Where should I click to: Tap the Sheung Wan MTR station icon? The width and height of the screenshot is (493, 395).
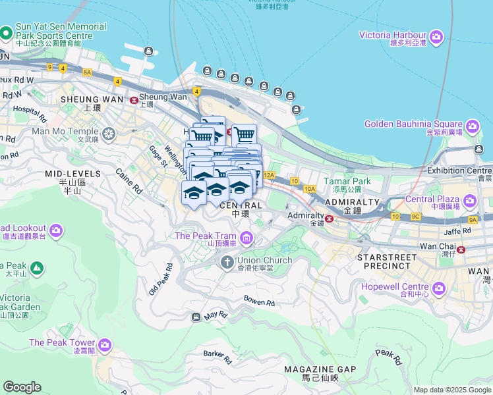[x=134, y=100]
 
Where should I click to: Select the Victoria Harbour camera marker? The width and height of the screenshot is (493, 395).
[x=436, y=37]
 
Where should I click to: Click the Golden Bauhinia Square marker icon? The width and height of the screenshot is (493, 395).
[x=472, y=126]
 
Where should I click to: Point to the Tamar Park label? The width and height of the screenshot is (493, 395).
[x=347, y=181]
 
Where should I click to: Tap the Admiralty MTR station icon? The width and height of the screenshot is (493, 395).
[x=329, y=219]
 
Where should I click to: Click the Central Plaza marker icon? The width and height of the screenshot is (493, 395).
[x=469, y=200]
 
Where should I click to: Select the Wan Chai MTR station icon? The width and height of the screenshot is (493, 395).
[x=461, y=250]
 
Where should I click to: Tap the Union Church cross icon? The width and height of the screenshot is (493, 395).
[x=227, y=263]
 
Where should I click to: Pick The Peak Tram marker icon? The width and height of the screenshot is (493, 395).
[x=246, y=238]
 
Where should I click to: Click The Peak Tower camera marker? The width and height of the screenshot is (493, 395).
[x=105, y=344]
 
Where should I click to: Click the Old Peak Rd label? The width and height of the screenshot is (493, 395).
[x=160, y=279]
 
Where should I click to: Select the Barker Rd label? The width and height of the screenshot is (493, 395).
[x=217, y=357]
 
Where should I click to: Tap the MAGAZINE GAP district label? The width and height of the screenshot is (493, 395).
[x=320, y=369]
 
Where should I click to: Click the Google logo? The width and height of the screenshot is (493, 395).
[x=22, y=387]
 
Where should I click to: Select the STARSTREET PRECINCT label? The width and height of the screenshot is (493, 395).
[x=388, y=263]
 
